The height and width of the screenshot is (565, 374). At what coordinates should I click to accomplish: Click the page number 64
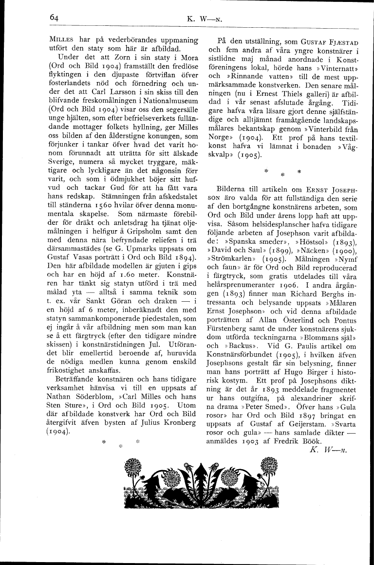click(x=54, y=17)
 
